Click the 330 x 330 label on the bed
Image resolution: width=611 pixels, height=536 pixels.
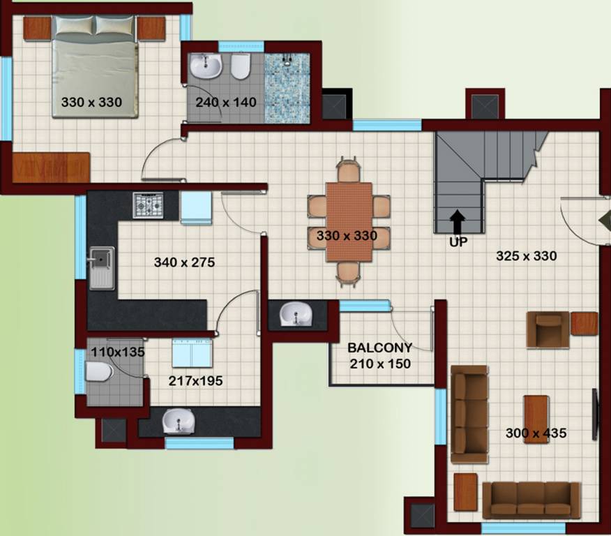point(91,103)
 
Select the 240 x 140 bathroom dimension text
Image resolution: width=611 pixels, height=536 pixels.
point(225,103)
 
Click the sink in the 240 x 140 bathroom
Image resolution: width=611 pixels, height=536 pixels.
point(206,68)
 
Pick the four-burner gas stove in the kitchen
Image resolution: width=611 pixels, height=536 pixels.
point(148,204)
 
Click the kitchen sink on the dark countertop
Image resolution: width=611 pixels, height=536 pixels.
point(101,266)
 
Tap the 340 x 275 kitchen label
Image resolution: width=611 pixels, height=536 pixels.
point(184,263)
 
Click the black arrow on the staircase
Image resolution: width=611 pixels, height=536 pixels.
point(458,222)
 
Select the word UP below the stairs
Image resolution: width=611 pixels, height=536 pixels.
point(458,242)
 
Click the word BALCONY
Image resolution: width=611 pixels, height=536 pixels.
point(380,348)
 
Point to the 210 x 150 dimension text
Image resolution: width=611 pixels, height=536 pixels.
point(380,364)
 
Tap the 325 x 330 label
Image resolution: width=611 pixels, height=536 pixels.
point(526,256)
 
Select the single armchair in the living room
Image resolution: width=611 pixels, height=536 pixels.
point(548,329)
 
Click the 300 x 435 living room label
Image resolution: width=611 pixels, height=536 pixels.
point(536,433)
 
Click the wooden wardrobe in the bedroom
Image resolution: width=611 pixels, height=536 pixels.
point(50,167)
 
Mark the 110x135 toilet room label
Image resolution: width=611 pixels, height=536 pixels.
point(118,352)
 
